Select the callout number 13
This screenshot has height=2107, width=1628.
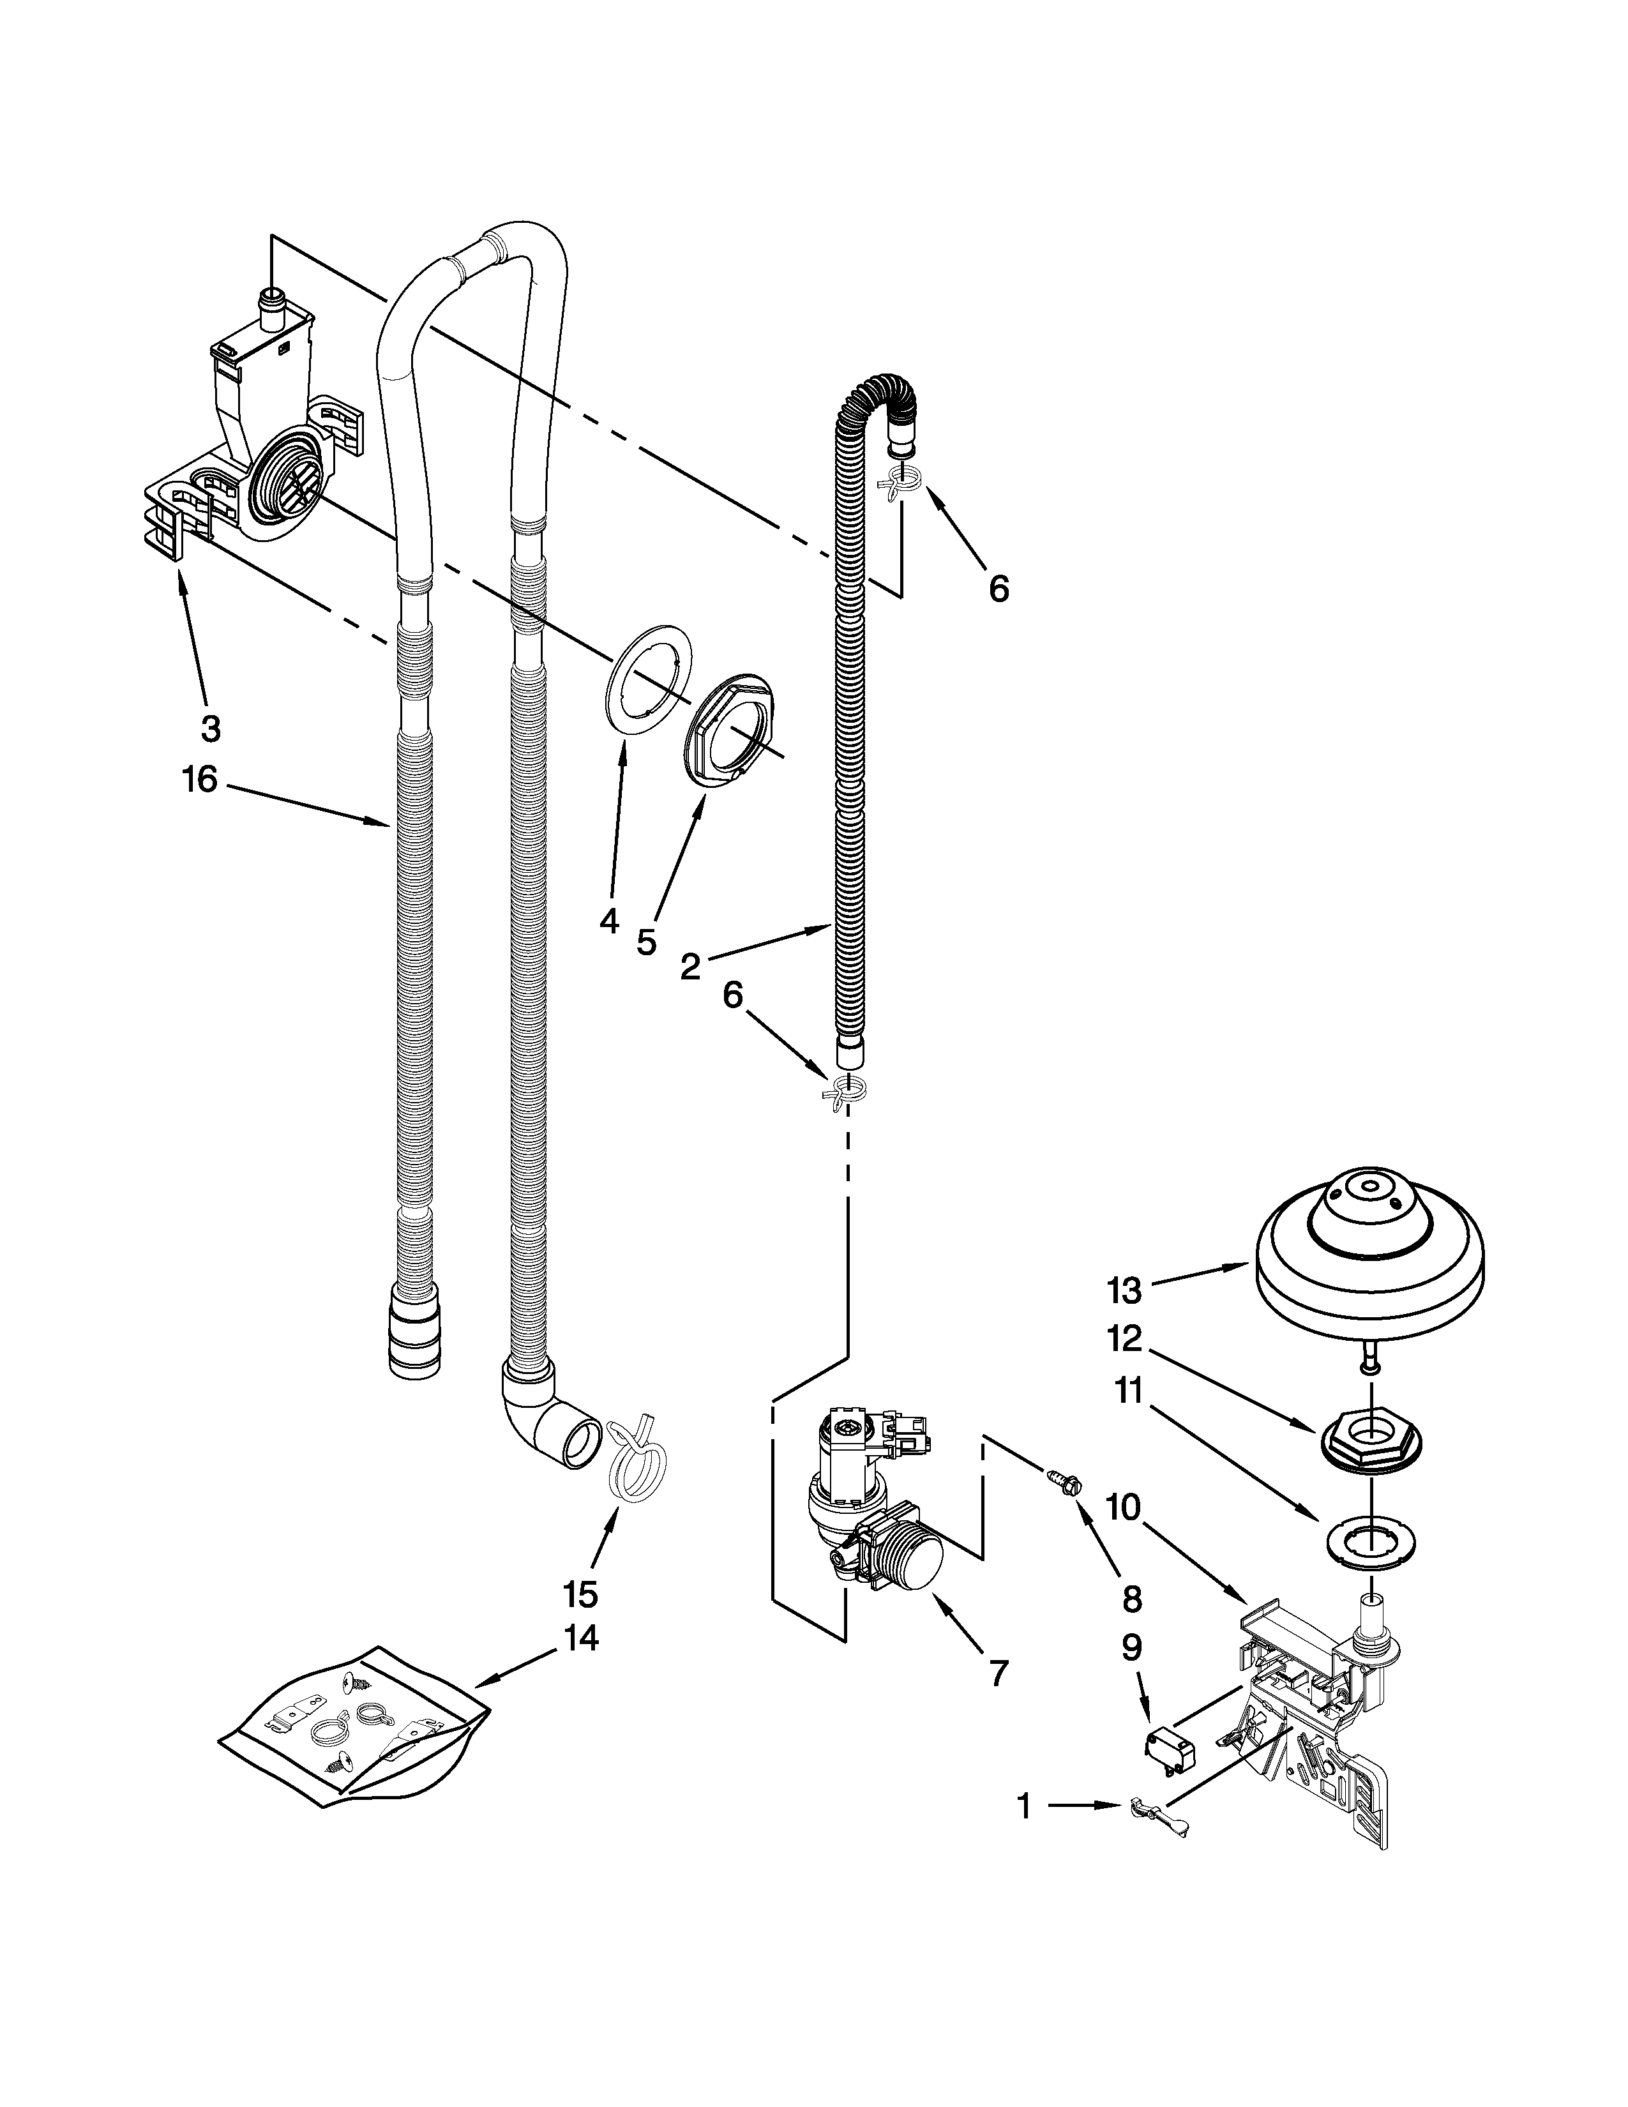[1124, 1290]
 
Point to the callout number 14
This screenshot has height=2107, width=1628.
[580, 1638]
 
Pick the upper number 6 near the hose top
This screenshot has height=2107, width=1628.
[999, 589]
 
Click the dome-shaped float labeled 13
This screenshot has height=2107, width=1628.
[1369, 1254]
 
